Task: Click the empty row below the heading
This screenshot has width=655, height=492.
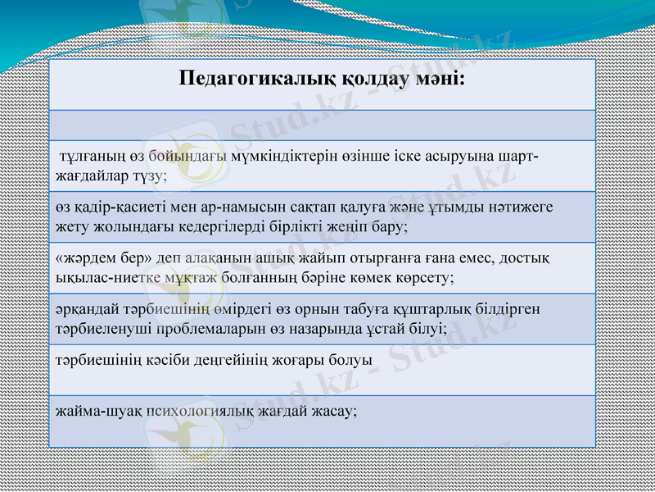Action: point(322,125)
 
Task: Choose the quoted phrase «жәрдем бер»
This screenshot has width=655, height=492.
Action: point(91,259)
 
